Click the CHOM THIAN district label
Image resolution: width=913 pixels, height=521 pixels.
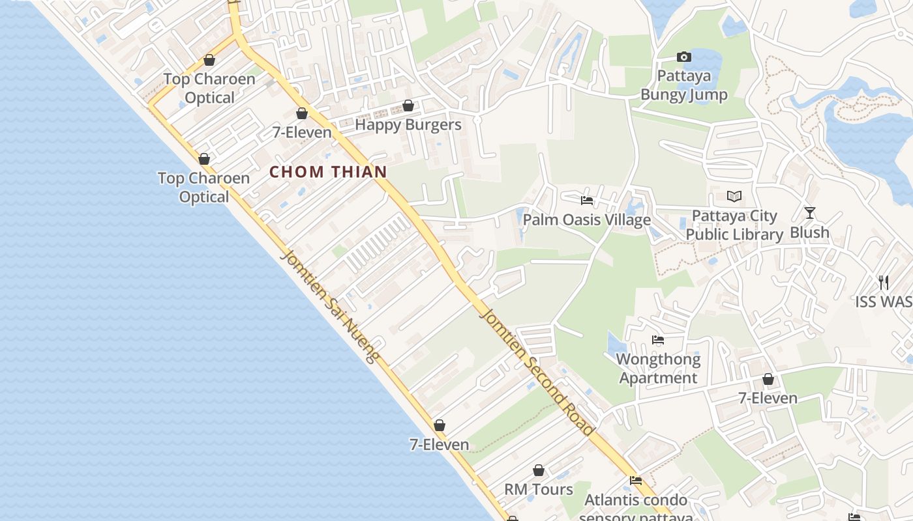pyautogui.click(x=328, y=172)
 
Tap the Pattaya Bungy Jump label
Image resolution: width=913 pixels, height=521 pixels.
pyautogui.click(x=683, y=85)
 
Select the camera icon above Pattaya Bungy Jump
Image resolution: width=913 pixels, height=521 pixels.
pyautogui.click(x=683, y=57)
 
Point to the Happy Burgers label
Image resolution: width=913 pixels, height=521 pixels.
pyautogui.click(x=408, y=124)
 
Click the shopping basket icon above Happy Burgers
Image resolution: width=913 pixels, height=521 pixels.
pyautogui.click(x=408, y=106)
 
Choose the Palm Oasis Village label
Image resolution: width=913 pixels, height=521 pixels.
pyautogui.click(x=587, y=219)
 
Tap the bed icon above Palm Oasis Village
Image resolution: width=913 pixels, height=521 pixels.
pyautogui.click(x=587, y=201)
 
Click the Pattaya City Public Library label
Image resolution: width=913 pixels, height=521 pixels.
pyautogui.click(x=734, y=225)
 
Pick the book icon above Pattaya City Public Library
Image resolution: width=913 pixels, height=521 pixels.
pyautogui.click(x=734, y=196)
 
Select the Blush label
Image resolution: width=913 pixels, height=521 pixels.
pyautogui.click(x=809, y=232)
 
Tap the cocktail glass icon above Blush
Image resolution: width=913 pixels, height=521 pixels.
pyautogui.click(x=809, y=213)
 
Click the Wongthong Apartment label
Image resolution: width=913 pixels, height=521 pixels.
pyautogui.click(x=658, y=369)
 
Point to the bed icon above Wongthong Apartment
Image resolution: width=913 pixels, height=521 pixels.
pyautogui.click(x=658, y=340)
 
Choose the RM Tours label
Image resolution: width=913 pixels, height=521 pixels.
pyautogui.click(x=539, y=489)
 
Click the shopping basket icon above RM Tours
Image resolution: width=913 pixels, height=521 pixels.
pyautogui.click(x=539, y=470)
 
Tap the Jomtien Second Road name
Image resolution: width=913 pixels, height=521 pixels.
pyautogui.click(x=537, y=372)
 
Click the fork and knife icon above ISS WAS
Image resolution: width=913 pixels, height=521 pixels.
pyautogui.click(x=884, y=282)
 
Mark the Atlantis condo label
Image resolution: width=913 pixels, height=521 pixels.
pyautogui.click(x=636, y=500)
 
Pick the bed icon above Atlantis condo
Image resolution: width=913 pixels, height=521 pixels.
pyautogui.click(x=636, y=481)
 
